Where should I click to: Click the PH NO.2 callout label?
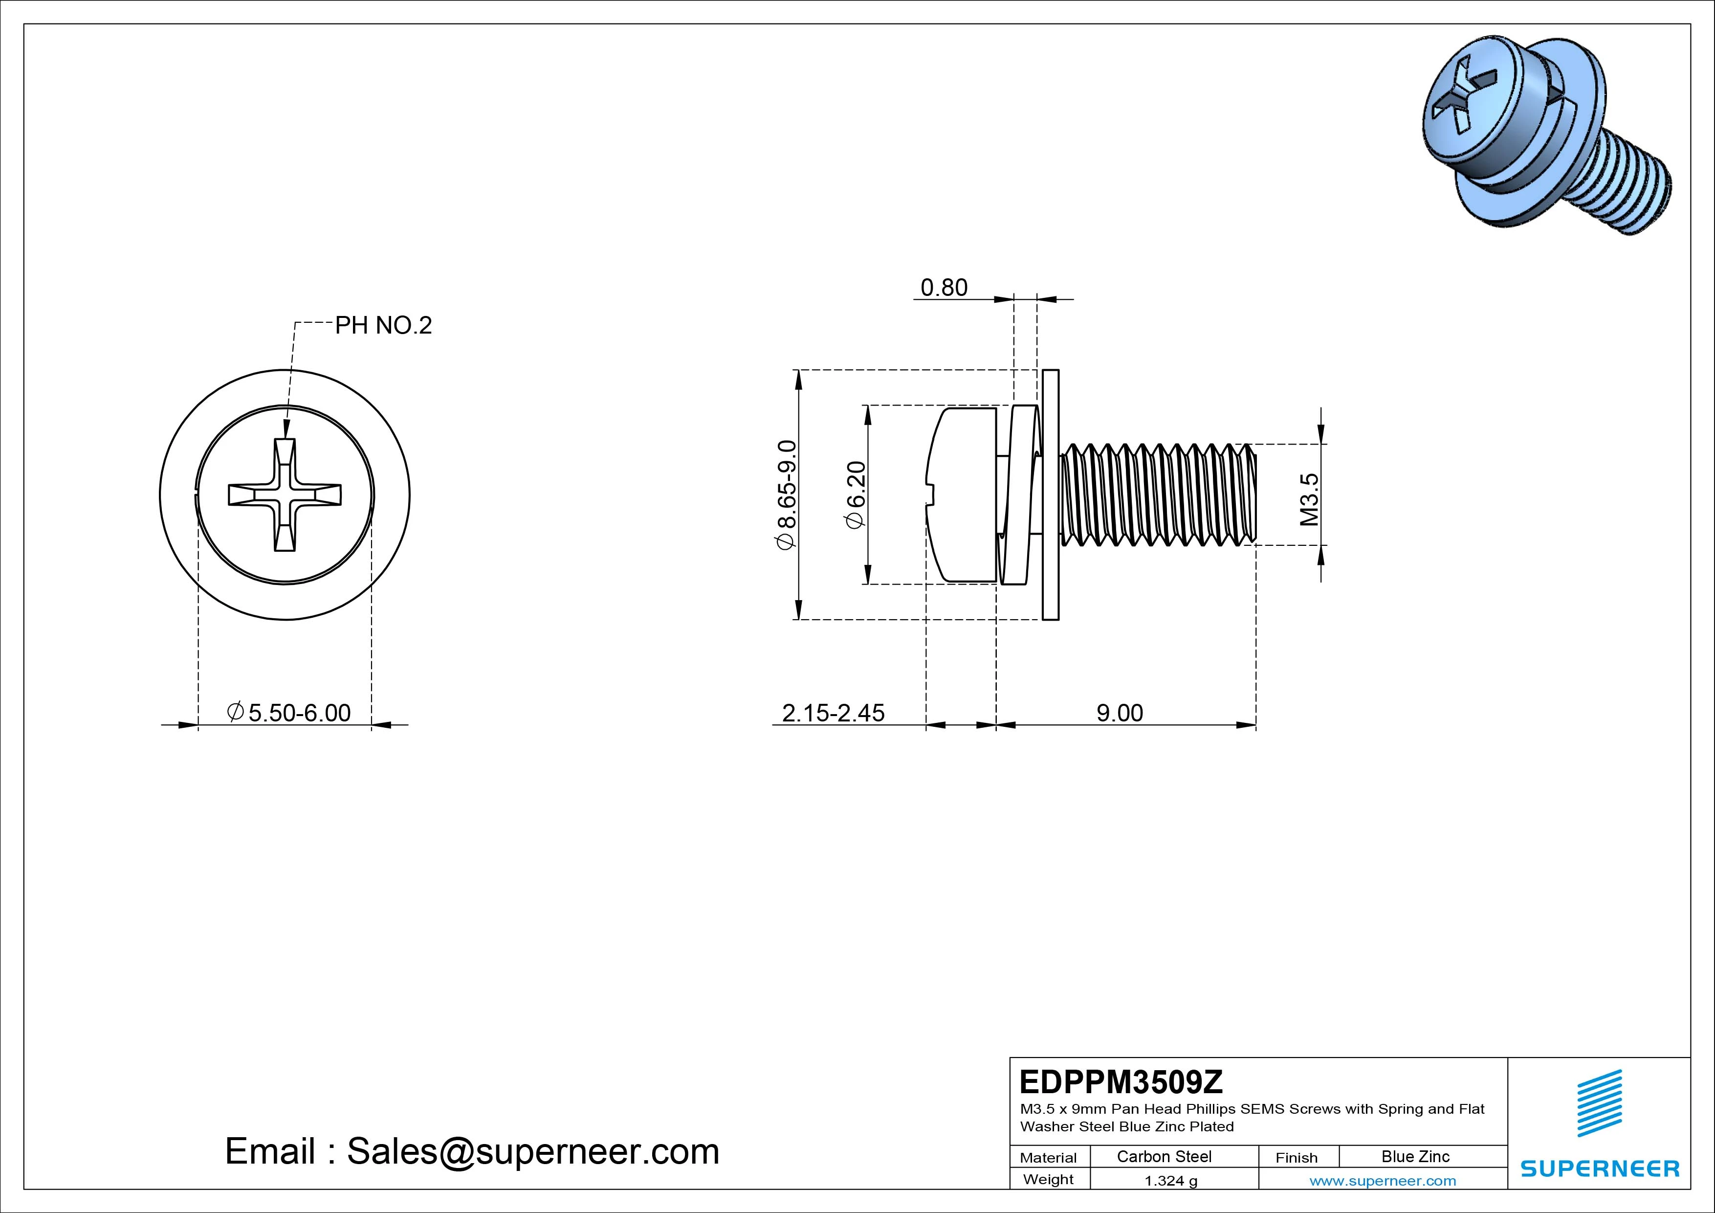coord(383,326)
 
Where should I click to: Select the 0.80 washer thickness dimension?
coord(944,288)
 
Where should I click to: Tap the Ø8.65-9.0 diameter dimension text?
coord(787,495)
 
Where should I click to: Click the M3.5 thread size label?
coord(1309,499)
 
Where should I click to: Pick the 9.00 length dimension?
coord(1119,713)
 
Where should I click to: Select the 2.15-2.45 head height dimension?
coord(833,713)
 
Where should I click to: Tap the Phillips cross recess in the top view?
coord(285,495)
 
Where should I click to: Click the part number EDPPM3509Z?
coord(1121,1081)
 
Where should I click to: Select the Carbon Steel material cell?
coord(1164,1157)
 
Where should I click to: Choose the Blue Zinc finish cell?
coord(1415,1157)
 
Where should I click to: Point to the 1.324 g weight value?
coord(1170,1181)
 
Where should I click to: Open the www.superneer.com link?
coord(1383,1181)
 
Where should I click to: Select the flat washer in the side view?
coord(1050,495)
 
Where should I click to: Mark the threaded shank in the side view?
coord(1158,495)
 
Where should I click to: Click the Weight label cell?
coord(1048,1179)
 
